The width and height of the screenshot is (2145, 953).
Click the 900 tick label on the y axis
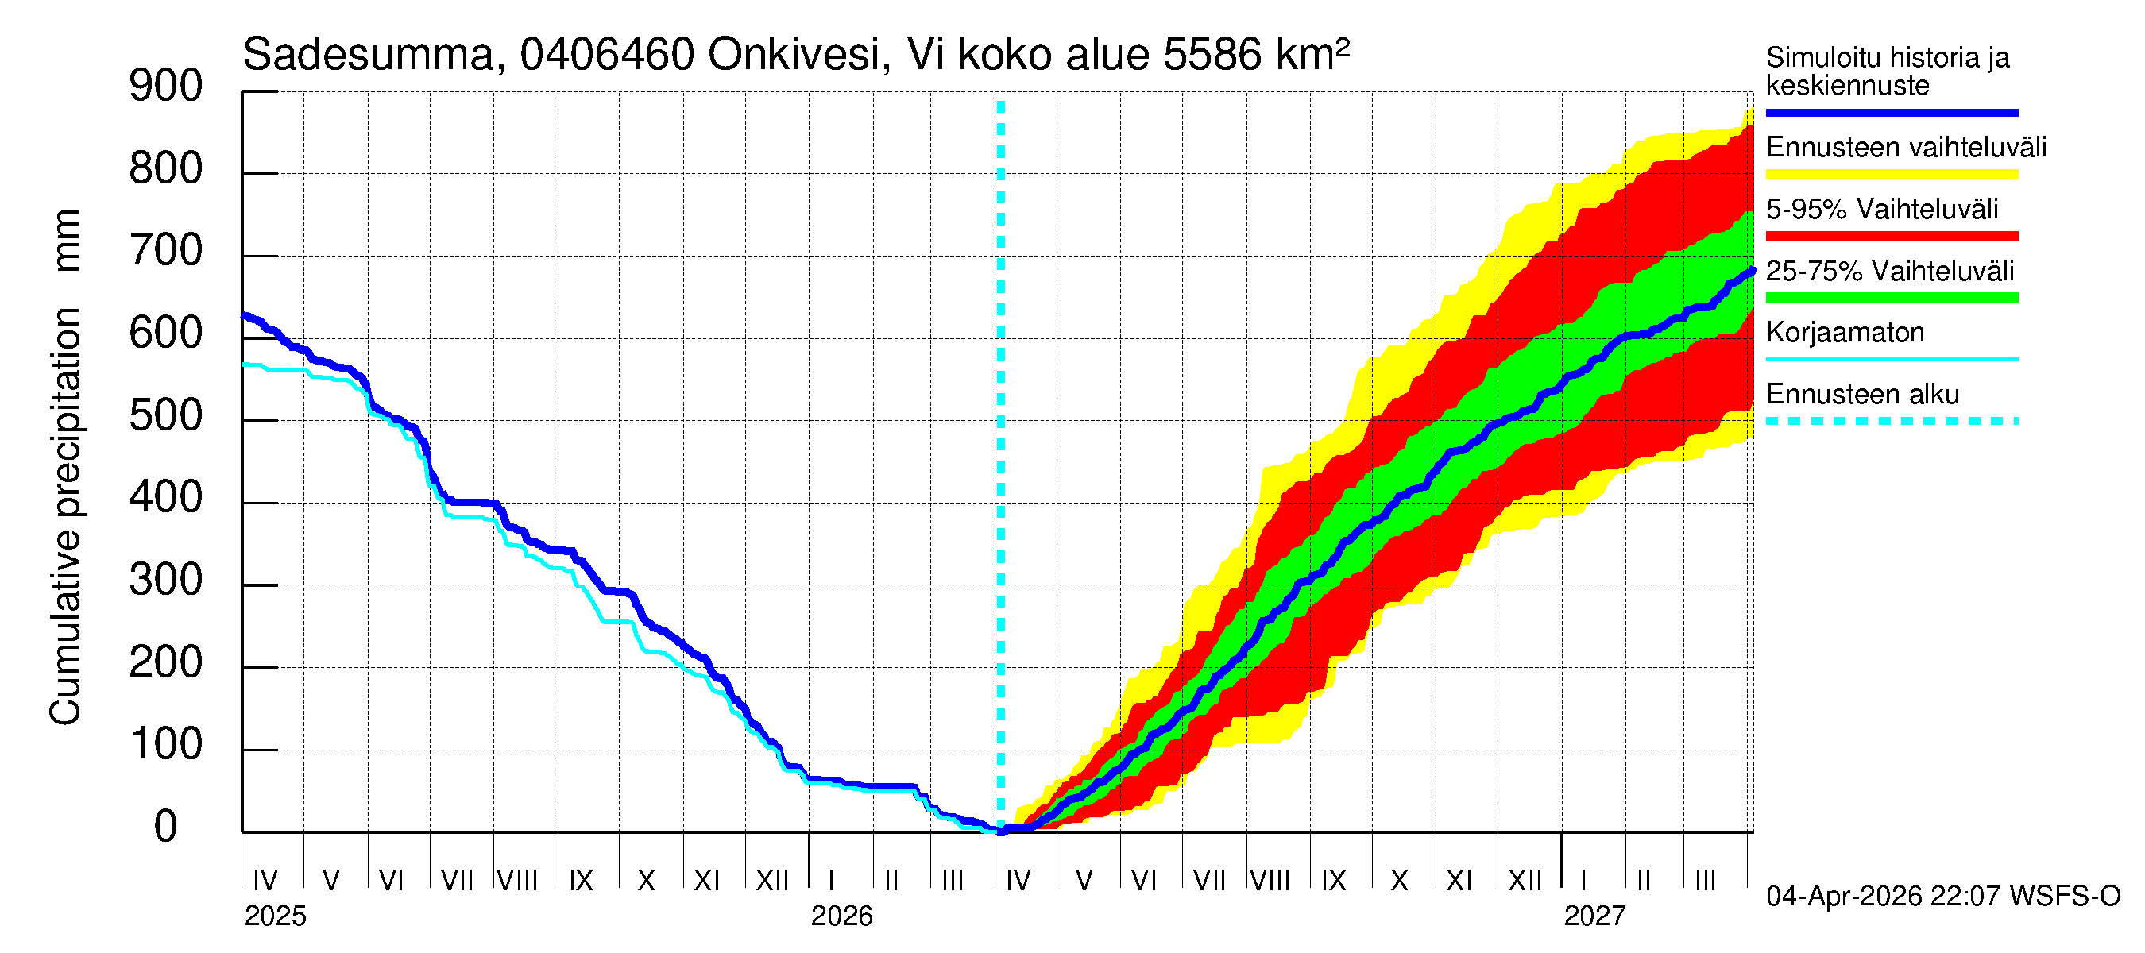coord(166,87)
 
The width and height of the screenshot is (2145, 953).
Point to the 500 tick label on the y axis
coord(166,416)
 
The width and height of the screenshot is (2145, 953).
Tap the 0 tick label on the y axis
coord(166,828)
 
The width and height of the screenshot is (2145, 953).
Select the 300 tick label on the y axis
coord(166,581)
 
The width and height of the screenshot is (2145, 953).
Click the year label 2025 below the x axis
coord(275,916)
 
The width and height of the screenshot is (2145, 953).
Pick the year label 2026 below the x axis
coord(841,916)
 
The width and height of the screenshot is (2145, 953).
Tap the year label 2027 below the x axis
coord(1594,916)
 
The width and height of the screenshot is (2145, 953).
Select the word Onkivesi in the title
coord(794,55)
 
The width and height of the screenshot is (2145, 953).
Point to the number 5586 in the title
coord(1212,55)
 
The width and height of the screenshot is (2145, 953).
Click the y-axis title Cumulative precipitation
coord(65,516)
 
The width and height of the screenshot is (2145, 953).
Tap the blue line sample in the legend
coord(1891,112)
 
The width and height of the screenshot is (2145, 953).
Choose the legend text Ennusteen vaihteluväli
coord(1906,149)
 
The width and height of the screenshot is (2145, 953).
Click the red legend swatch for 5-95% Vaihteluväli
coord(1891,237)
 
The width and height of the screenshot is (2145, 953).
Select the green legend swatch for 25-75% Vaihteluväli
coord(1891,298)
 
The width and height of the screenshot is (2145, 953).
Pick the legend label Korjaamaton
coord(1845,333)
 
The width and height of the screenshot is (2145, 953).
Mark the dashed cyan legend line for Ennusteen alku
coord(1891,421)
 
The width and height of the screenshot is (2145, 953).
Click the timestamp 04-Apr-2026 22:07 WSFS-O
coord(1942,897)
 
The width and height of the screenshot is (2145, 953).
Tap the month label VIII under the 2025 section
coord(517,880)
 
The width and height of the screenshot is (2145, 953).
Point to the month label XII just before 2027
coord(1525,880)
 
